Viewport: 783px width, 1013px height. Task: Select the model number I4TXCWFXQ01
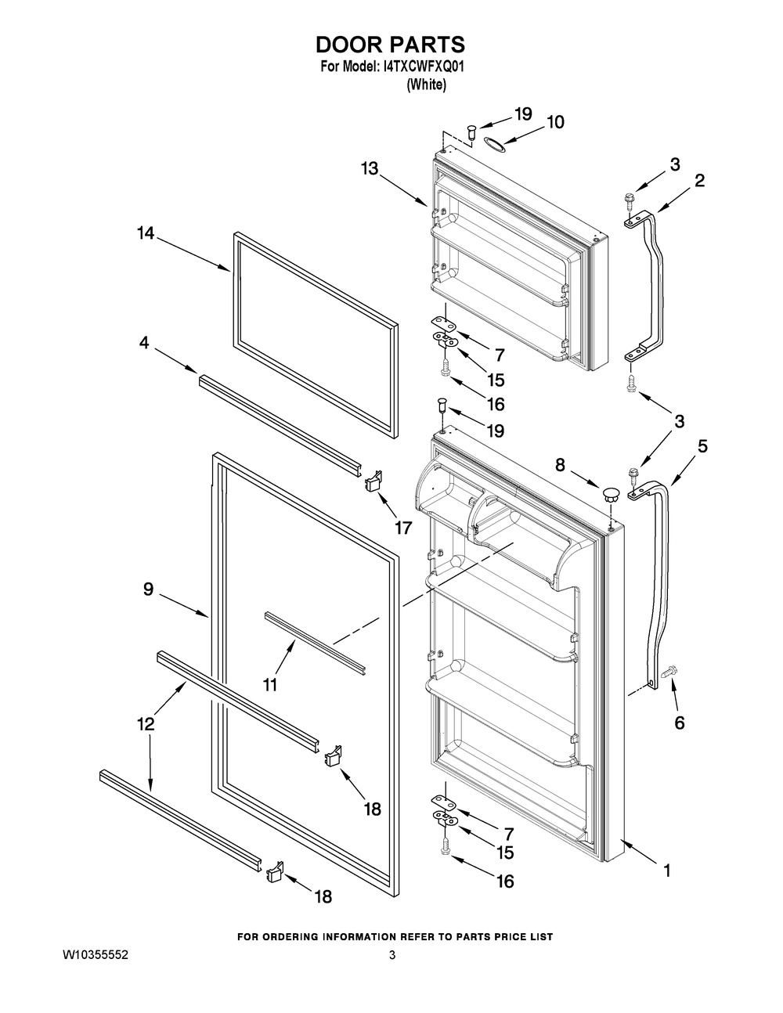click(x=425, y=68)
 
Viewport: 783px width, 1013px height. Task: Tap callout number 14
click(x=145, y=233)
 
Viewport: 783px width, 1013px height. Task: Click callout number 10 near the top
click(x=554, y=122)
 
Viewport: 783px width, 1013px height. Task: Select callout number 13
click(x=370, y=168)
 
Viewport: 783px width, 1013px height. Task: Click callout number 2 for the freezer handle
click(x=699, y=181)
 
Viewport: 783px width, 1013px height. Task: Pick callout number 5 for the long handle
click(x=702, y=446)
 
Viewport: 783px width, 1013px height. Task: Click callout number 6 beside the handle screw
click(x=679, y=723)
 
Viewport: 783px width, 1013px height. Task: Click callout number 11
click(x=270, y=685)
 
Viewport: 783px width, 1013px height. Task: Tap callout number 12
click(x=146, y=724)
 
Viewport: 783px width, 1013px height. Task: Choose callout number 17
click(x=402, y=528)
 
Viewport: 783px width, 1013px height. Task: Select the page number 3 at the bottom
click(x=392, y=956)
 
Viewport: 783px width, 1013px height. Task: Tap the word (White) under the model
click(x=426, y=85)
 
